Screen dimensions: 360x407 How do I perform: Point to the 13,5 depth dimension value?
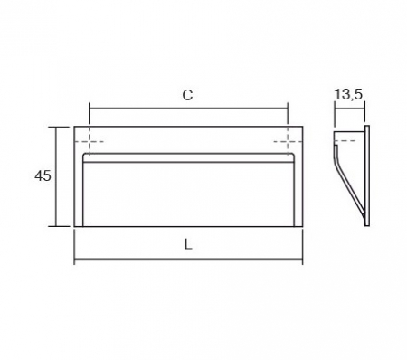[350, 94]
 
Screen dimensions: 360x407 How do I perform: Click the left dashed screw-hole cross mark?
[91, 143]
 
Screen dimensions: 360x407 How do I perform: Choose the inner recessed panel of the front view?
[190, 190]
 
